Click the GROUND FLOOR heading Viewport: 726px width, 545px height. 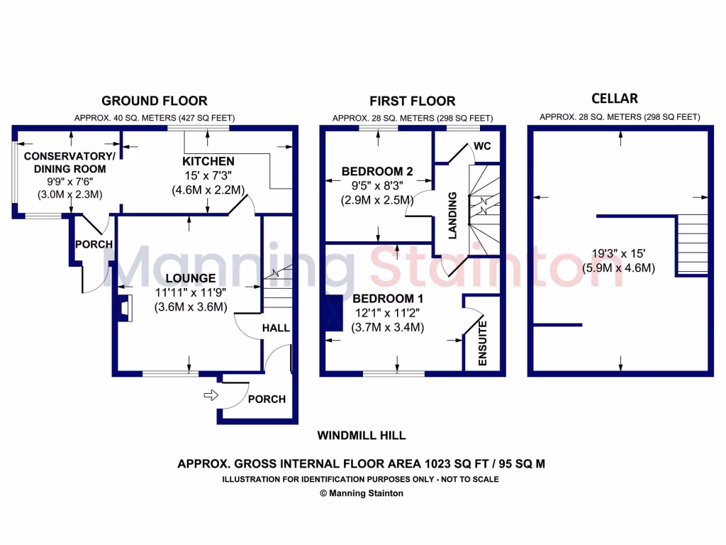pyautogui.click(x=154, y=101)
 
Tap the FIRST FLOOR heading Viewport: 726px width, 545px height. pyautogui.click(x=412, y=101)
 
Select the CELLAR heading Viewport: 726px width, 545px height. pyautogui.click(x=615, y=98)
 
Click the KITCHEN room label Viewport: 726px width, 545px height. pyautogui.click(x=208, y=162)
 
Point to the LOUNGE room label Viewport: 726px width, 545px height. pyautogui.click(x=191, y=277)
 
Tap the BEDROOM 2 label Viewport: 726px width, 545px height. pyautogui.click(x=377, y=171)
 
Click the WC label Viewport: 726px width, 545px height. pyautogui.click(x=483, y=146)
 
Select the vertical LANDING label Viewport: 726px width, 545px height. pyautogui.click(x=453, y=215)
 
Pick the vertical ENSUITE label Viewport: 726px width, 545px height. pyautogui.click(x=483, y=344)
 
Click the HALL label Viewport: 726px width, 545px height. pyautogui.click(x=276, y=328)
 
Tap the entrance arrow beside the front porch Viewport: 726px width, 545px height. pyautogui.click(x=210, y=395)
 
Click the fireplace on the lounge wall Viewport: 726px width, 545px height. pyautogui.click(x=123, y=308)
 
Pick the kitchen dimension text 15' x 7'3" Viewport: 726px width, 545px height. pyautogui.click(x=208, y=176)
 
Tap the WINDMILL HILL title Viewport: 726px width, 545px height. pyautogui.click(x=362, y=436)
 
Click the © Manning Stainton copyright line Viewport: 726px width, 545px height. pyautogui.click(x=362, y=493)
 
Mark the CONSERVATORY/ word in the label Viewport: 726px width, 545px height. pyautogui.click(x=69, y=156)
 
